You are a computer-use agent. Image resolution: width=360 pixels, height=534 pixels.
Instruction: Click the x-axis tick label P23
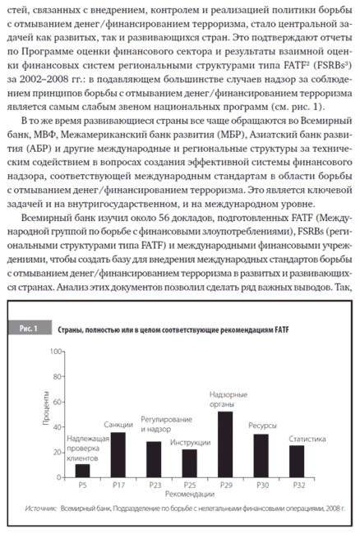(x=154, y=487)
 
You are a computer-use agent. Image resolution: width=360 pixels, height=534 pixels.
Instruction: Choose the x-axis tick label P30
(x=261, y=487)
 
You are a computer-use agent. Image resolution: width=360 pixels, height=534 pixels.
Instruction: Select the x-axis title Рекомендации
(x=188, y=497)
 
